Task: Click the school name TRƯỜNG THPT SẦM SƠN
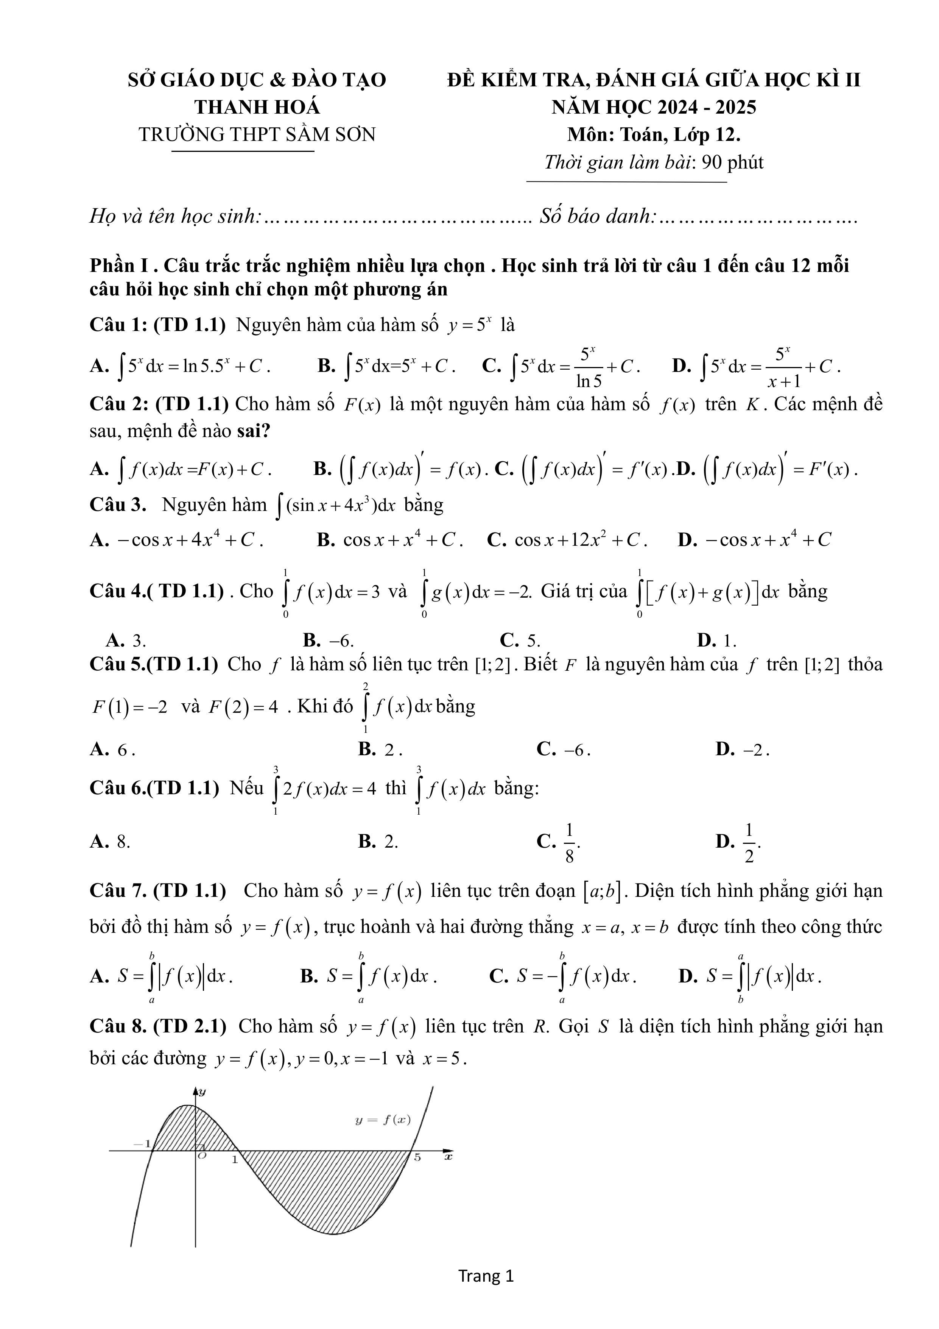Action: click(257, 134)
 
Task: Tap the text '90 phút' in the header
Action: click(732, 162)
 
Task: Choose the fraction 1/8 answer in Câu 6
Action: click(569, 843)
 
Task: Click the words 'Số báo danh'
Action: click(598, 217)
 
